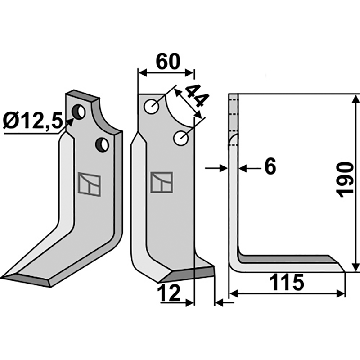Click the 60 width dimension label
pyautogui.click(x=168, y=62)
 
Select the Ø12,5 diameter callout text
pyautogui.click(x=32, y=121)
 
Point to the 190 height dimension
pyautogui.click(x=344, y=180)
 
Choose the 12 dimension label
pyautogui.click(x=170, y=293)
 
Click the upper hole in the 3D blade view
pyautogui.click(x=78, y=112)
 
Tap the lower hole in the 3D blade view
pyautogui.click(x=102, y=144)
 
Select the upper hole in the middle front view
pyautogui.click(x=151, y=107)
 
